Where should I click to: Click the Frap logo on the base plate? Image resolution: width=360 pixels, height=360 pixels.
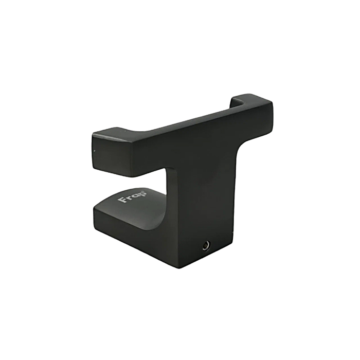pyautogui.click(x=132, y=197)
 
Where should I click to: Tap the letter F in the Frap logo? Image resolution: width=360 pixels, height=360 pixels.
pyautogui.click(x=121, y=200)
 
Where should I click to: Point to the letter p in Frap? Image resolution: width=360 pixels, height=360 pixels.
pyautogui.click(x=141, y=194)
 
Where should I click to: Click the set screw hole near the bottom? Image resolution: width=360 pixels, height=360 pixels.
pyautogui.click(x=206, y=246)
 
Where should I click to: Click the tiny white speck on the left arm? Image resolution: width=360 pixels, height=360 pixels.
pyautogui.click(x=95, y=151)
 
